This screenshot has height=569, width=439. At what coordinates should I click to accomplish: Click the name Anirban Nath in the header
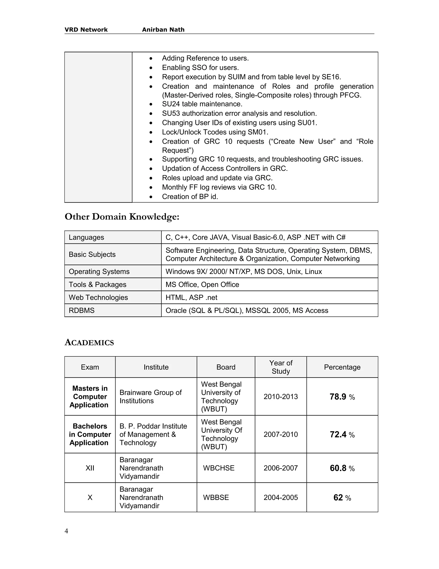(163, 30)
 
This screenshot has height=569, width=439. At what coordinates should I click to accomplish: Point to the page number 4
(66, 531)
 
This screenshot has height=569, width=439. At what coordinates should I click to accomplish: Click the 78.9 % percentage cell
(342, 397)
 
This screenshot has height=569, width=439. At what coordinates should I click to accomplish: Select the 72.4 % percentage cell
(342, 435)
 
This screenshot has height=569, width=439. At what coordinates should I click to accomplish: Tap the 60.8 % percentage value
(342, 468)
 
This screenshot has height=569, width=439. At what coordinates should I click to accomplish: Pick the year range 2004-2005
(281, 498)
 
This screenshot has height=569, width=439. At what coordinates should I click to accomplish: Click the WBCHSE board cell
(219, 468)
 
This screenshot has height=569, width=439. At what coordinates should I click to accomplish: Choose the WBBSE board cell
(216, 498)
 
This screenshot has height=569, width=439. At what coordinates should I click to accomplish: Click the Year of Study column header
(281, 367)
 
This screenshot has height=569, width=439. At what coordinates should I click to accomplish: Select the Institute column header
(156, 367)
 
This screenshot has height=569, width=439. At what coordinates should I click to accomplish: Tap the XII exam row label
(90, 468)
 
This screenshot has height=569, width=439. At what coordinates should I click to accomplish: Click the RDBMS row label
(82, 310)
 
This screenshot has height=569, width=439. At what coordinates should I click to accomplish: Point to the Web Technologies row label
(98, 298)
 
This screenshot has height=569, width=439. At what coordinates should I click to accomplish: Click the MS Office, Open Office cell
(202, 284)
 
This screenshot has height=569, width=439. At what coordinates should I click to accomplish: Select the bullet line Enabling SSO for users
(200, 68)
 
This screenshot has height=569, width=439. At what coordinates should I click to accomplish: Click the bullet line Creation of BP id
(190, 197)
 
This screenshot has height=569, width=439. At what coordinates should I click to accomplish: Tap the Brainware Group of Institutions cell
(150, 397)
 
